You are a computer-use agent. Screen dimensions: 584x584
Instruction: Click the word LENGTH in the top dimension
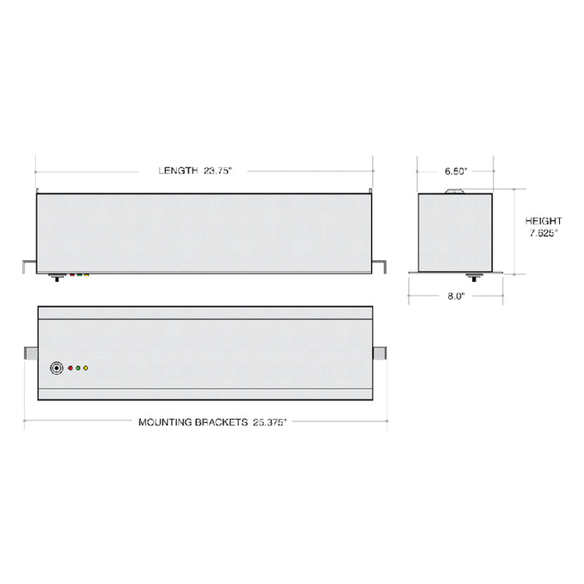click(178, 171)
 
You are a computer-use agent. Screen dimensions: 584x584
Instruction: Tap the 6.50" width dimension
click(456, 171)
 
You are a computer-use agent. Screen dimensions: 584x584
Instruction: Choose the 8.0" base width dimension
click(456, 295)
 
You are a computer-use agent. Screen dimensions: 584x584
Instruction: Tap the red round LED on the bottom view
click(70, 367)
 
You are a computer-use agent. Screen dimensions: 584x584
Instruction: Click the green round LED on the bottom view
click(78, 367)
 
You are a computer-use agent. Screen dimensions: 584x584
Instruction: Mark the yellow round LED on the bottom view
click(85, 367)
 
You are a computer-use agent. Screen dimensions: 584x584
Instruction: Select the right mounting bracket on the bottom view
click(380, 354)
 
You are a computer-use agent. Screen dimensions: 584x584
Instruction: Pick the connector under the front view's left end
click(57, 277)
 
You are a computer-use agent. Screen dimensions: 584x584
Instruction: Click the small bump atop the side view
click(456, 191)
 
